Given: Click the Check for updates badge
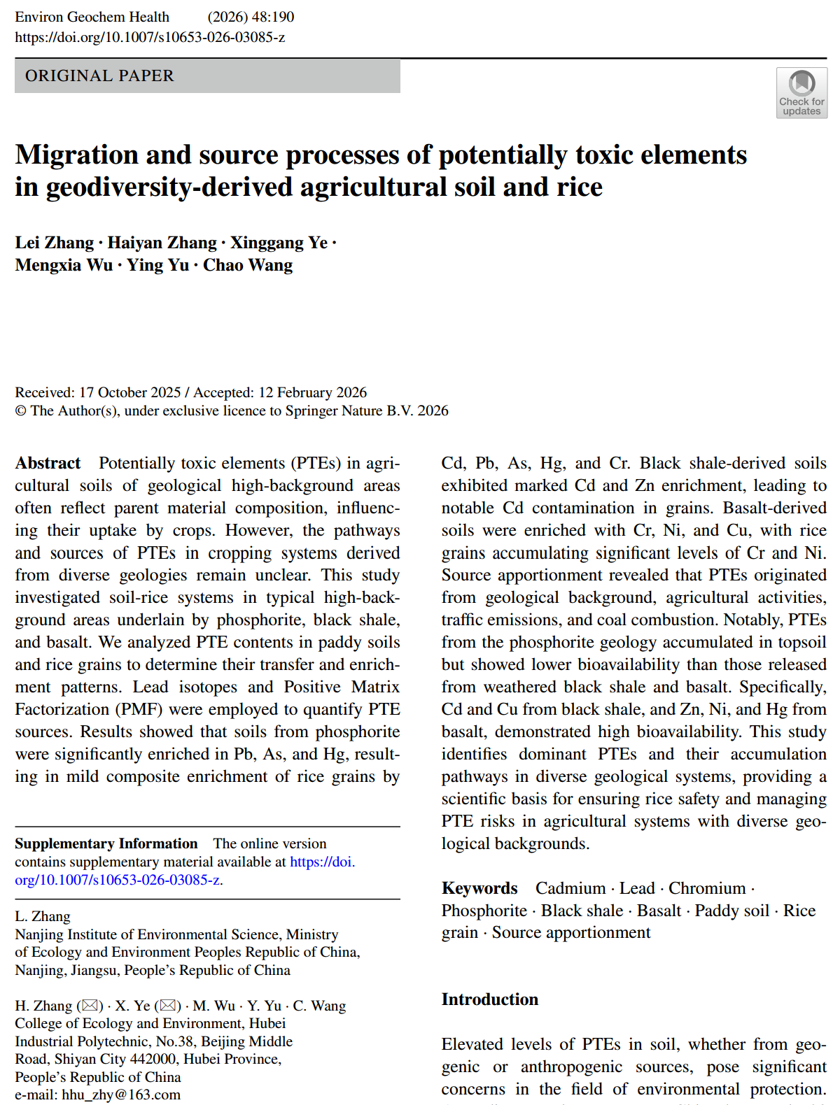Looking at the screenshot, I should point(801,92).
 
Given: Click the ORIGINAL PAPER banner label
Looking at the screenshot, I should point(99,76).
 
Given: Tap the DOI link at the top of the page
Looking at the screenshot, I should point(150,37).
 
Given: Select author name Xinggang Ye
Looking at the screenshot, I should point(279,243).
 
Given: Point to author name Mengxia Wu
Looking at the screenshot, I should point(64,265).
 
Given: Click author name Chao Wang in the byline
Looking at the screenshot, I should point(248,265).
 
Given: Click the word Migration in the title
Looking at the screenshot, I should point(77,155).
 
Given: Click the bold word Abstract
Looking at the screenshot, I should point(48,463).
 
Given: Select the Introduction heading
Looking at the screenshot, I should point(489,999).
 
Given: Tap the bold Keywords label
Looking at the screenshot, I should point(479,888).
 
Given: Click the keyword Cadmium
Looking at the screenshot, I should point(570,888).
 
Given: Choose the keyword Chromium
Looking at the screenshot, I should point(707,888).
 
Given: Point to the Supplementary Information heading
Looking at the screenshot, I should point(106,843).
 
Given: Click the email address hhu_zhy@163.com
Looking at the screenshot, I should point(121,1095).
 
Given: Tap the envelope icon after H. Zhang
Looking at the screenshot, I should point(90,1006).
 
